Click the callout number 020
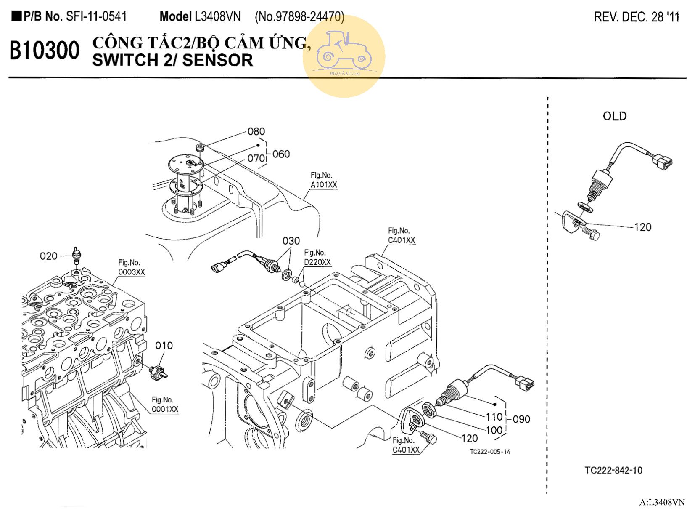[48, 256]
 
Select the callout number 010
[164, 346]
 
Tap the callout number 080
[256, 132]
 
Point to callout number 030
[291, 241]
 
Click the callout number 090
[521, 419]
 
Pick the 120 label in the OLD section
[642, 227]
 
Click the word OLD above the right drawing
[614, 116]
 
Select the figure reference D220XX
[317, 262]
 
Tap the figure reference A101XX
[324, 185]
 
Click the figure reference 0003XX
[132, 272]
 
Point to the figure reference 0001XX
[165, 409]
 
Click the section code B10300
[45, 51]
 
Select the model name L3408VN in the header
[217, 17]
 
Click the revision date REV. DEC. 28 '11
[636, 17]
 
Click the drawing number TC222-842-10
[613, 470]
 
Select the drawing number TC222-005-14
[490, 452]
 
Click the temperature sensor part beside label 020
[76, 255]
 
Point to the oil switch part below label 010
[159, 371]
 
